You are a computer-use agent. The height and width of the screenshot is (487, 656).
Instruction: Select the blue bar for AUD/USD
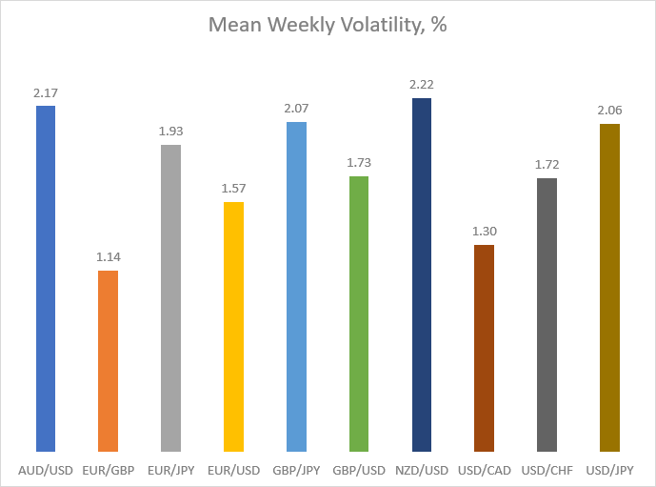(x=46, y=278)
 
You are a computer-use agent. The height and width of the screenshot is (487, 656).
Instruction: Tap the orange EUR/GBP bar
(x=108, y=361)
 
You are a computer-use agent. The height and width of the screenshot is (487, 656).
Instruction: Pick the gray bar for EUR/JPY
(x=170, y=298)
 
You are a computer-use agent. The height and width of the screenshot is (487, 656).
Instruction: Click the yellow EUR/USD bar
(x=233, y=327)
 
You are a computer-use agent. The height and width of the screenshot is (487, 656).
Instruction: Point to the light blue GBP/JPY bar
(x=296, y=287)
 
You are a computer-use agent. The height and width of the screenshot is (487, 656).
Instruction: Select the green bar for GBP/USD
(x=359, y=315)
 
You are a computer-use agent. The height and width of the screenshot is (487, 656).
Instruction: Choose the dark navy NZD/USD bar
(x=421, y=274)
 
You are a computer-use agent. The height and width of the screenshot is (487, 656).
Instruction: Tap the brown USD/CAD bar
(x=484, y=349)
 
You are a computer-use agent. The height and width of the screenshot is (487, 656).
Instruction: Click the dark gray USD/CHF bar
(x=547, y=315)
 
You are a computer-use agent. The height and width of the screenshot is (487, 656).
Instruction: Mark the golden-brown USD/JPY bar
(x=609, y=288)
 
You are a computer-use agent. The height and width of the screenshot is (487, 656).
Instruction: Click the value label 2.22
(x=421, y=85)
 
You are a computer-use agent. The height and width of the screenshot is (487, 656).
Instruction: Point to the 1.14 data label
(x=109, y=256)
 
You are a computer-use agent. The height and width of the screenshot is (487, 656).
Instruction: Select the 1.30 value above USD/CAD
(x=485, y=232)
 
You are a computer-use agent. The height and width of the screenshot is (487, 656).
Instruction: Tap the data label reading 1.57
(x=233, y=189)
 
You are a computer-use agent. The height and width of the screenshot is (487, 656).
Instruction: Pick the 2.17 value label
(x=46, y=93)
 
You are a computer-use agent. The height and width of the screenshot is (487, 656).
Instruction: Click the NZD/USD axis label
(x=422, y=470)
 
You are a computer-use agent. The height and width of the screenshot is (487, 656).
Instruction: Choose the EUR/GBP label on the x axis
(x=109, y=470)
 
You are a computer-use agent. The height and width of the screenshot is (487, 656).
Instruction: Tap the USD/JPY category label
(x=609, y=470)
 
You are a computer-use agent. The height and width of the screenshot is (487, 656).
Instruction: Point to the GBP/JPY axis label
(x=296, y=470)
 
